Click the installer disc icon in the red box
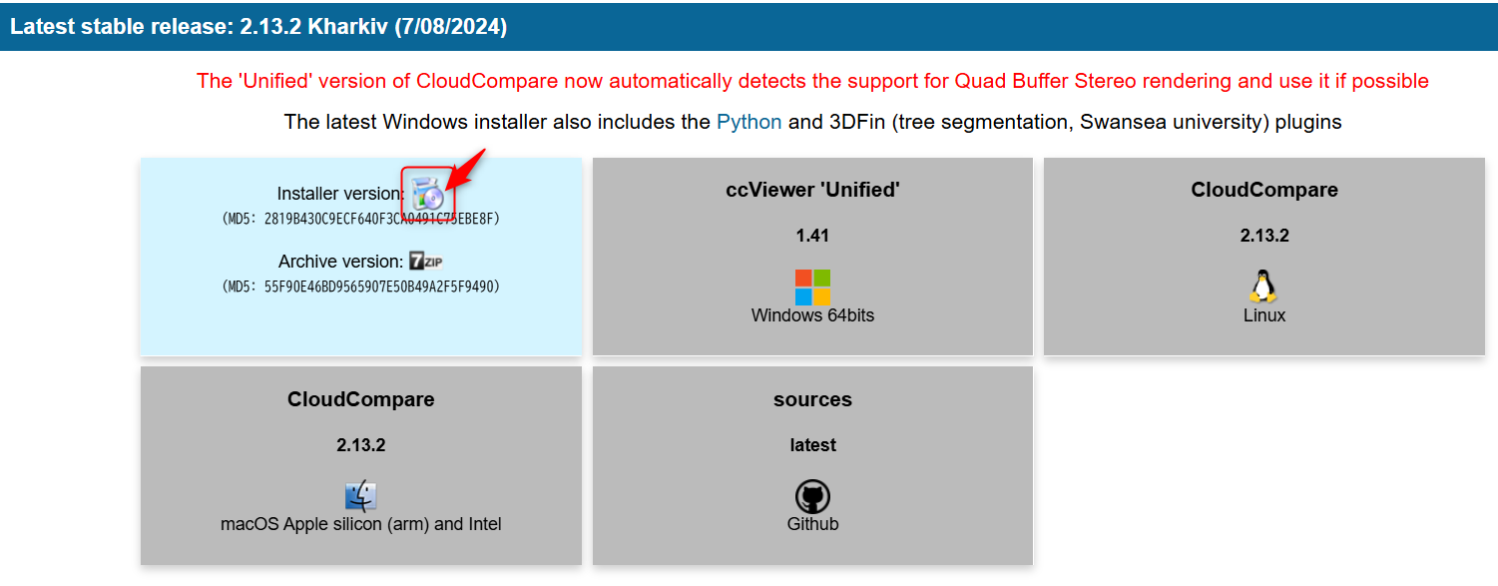[x=428, y=192]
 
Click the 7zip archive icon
[x=425, y=262]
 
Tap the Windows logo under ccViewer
[x=812, y=287]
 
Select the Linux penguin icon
[x=1263, y=286]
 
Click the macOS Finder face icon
[x=360, y=496]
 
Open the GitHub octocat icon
[x=812, y=496]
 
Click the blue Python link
[x=749, y=122]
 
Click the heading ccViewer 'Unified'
[x=812, y=190]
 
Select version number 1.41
[x=812, y=236]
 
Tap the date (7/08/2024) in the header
[x=450, y=27]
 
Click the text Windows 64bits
[x=812, y=315]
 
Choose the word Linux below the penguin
[x=1263, y=315]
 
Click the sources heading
[x=812, y=399]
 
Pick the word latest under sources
[x=812, y=445]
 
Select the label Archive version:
[x=340, y=262]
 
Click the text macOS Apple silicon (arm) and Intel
[x=360, y=524]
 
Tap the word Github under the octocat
[x=812, y=524]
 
